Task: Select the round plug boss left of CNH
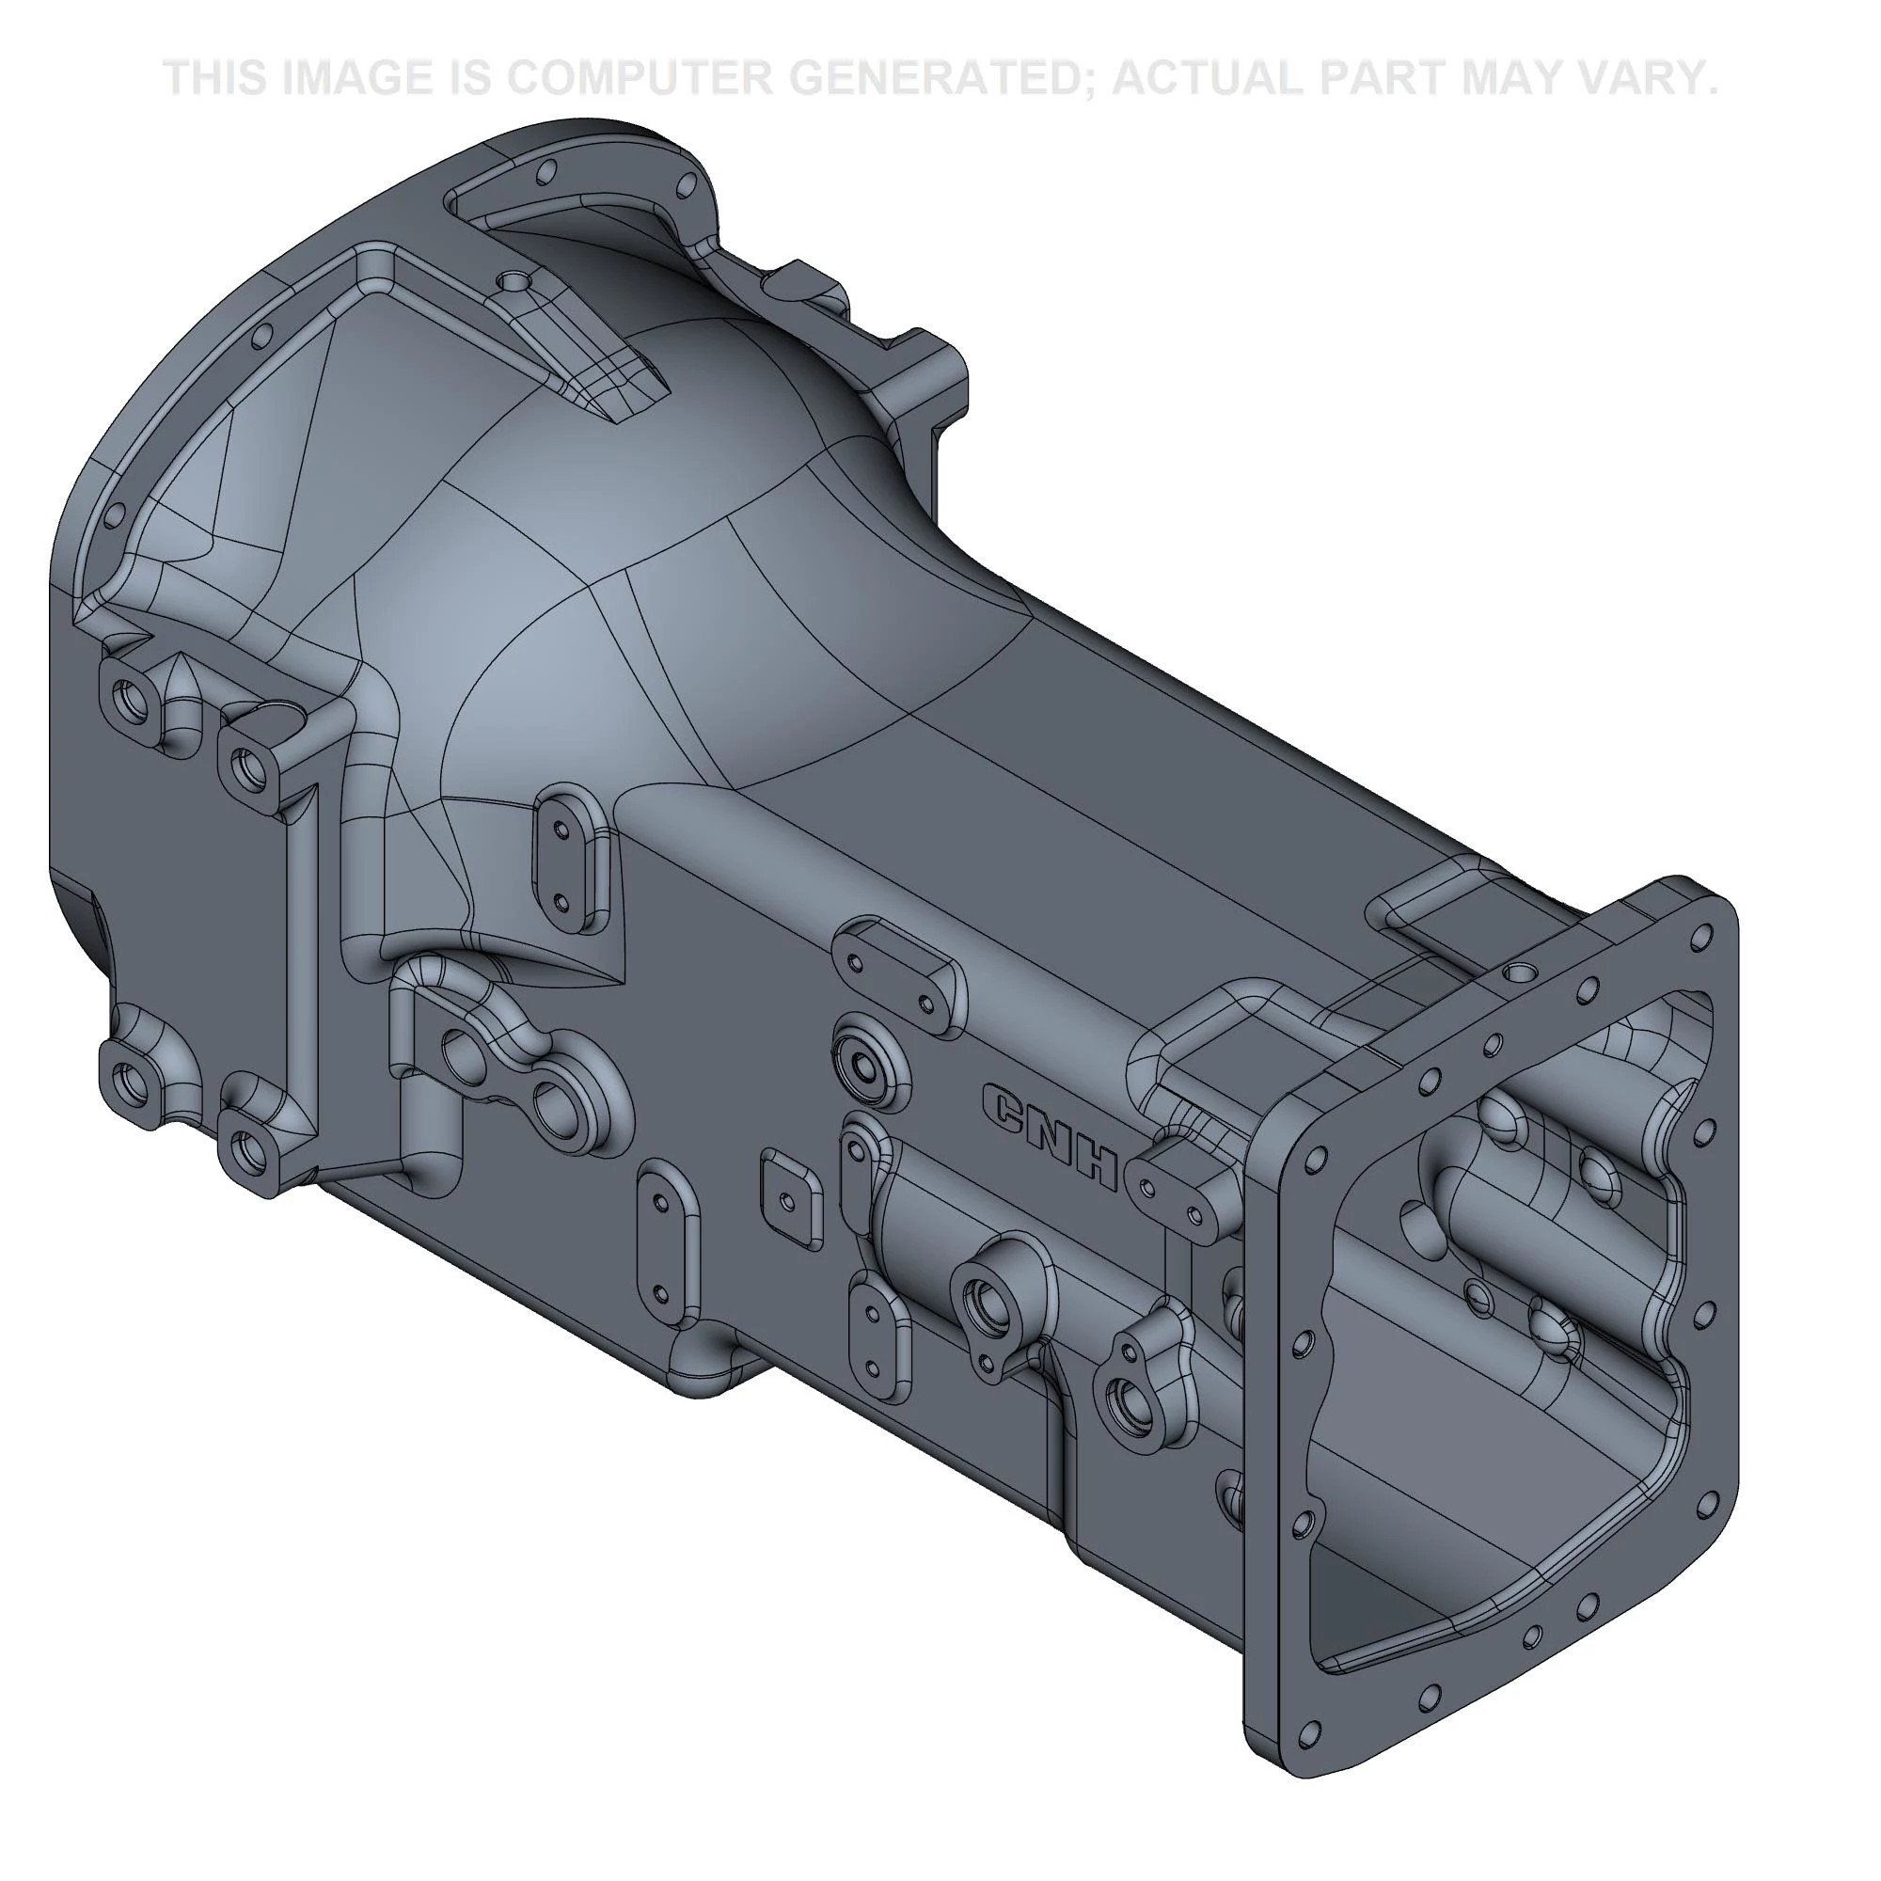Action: pos(864,1063)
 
